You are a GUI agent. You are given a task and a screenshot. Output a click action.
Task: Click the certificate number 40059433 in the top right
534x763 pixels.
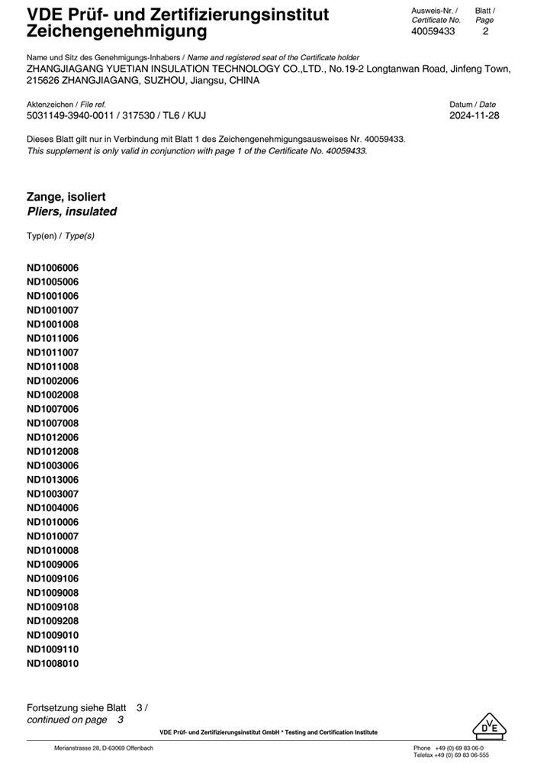click(433, 31)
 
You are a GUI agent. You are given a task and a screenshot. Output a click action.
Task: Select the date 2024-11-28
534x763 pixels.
click(474, 116)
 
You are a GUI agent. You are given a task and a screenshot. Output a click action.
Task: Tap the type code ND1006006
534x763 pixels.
click(53, 268)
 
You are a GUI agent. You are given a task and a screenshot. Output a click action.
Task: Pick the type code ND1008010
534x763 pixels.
click(53, 663)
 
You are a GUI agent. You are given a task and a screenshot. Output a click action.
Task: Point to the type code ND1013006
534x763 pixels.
click(53, 480)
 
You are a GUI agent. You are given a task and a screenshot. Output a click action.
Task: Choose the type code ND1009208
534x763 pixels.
click(53, 621)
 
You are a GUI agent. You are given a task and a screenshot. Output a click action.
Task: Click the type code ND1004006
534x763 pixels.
click(53, 508)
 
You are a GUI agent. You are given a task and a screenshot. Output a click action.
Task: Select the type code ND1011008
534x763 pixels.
click(53, 367)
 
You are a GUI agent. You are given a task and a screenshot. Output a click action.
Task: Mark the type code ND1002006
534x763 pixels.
click(53, 381)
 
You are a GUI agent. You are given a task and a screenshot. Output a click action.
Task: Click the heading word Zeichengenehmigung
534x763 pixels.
click(117, 31)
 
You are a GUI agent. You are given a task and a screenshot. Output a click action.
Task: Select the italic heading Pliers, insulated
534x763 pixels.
click(72, 211)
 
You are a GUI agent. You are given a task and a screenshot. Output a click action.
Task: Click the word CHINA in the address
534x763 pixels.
click(243, 80)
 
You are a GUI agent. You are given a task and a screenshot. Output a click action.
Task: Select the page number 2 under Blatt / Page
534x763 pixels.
click(485, 31)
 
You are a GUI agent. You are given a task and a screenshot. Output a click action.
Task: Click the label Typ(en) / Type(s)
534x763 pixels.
click(60, 237)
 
